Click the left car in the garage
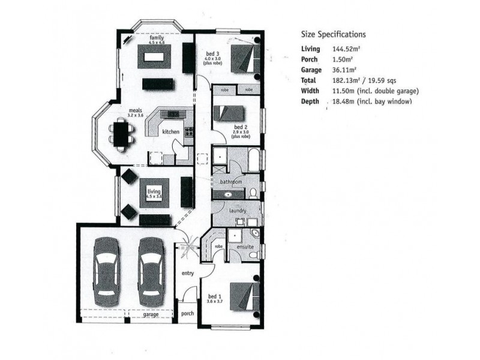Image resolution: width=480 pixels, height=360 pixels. click(107, 272)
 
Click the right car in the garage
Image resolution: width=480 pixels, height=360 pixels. click(150, 272)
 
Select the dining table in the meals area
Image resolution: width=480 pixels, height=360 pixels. click(122, 133)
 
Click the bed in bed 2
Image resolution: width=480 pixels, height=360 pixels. click(229, 113)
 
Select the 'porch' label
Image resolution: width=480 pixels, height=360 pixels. click(188, 313)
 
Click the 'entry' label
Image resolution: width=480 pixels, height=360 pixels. click(188, 274)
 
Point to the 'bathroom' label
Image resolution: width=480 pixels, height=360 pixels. click(230, 181)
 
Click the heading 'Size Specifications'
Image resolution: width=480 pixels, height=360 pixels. click(333, 35)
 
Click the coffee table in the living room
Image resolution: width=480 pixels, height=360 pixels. click(155, 193)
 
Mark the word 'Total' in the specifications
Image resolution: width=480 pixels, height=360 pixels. click(309, 80)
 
